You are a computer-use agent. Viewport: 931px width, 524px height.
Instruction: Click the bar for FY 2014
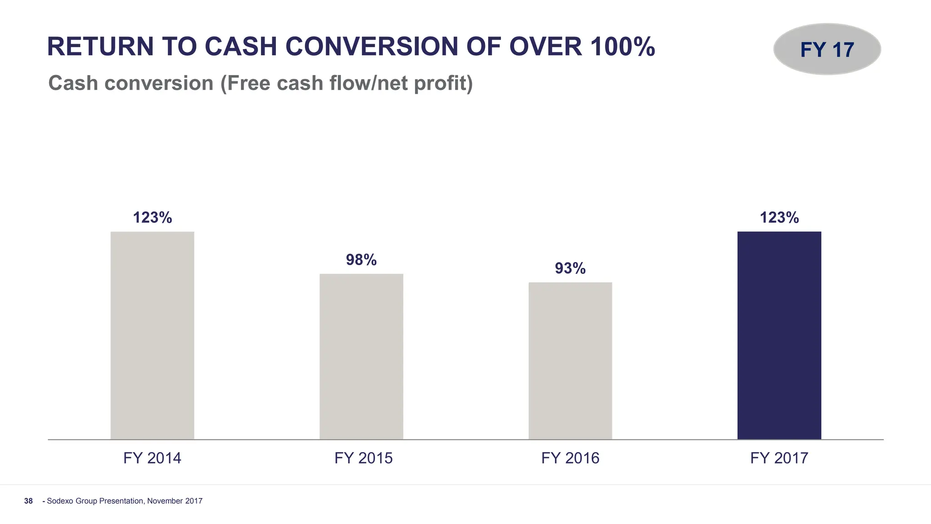152,335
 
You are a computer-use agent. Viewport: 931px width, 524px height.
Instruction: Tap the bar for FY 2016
570,361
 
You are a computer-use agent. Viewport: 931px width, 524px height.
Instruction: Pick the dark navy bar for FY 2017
779,335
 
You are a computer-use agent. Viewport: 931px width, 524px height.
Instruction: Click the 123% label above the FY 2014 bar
152,218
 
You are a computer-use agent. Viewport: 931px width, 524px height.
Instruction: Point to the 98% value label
361,260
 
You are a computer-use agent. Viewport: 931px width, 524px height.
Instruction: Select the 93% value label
570,268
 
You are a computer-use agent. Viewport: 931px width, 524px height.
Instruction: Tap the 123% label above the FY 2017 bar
779,218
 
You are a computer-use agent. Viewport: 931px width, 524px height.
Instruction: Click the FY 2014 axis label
152,458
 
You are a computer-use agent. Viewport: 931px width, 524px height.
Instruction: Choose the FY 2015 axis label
363,458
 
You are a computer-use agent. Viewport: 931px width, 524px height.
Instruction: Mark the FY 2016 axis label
570,458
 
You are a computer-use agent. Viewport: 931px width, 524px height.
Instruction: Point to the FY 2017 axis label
779,458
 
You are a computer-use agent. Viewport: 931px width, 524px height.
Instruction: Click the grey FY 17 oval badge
827,49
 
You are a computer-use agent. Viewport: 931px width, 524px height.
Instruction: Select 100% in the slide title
622,47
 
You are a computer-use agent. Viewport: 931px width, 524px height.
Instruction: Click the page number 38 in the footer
29,501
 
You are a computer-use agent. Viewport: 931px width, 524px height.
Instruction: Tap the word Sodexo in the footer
60,501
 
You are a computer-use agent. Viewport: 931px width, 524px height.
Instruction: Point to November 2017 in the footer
175,501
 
